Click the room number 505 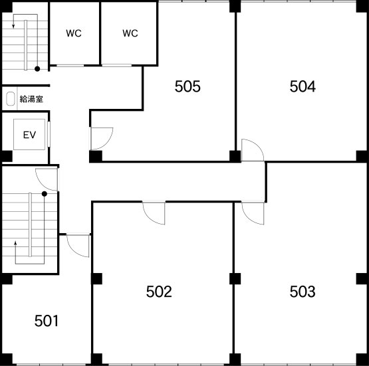coord(187,86)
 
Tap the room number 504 coord(303,86)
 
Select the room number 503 coord(303,292)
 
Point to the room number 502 coord(159,292)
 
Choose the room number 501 coord(47,321)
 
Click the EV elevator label coord(29,135)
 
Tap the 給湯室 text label coord(31,99)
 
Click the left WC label coord(74,33)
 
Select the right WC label coord(130,33)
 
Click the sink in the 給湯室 coord(10,99)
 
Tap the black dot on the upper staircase coord(37,69)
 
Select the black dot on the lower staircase coord(45,194)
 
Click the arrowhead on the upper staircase coord(13,26)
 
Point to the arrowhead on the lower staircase coord(15,243)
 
